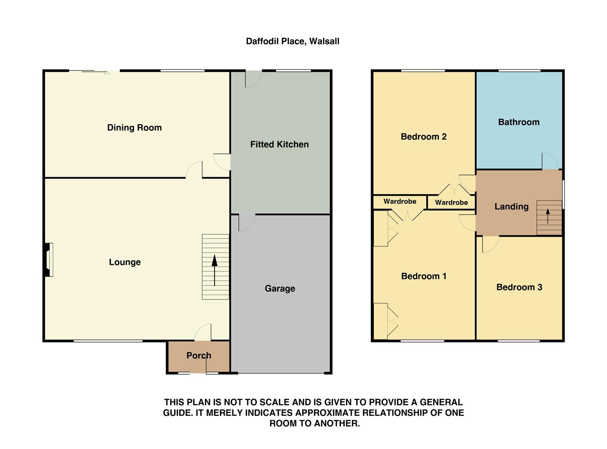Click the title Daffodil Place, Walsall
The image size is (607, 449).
pos(292,41)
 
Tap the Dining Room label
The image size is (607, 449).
pos(134,128)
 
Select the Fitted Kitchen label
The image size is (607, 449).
pos(279,144)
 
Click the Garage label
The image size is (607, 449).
pos(280,289)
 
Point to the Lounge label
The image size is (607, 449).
pos(125,262)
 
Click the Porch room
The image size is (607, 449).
pos(199,355)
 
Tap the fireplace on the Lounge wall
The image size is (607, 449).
pos(49,260)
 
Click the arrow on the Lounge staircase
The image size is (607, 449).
pos(215,270)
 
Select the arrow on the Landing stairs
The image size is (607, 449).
pos(548,216)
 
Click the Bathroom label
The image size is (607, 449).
pos(518,122)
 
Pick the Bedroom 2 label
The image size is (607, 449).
pos(423,136)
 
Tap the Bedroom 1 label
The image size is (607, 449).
pos(423,276)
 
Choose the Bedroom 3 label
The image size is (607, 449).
pos(519,287)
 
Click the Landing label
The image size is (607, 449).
pos(511,206)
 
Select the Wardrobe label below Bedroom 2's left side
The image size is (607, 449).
pos(400,201)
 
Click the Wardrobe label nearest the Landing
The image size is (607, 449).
pos(451,202)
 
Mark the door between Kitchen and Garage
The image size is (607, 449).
pos(246,222)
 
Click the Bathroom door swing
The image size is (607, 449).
pos(550,161)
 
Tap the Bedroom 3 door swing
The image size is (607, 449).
pos(490,244)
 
